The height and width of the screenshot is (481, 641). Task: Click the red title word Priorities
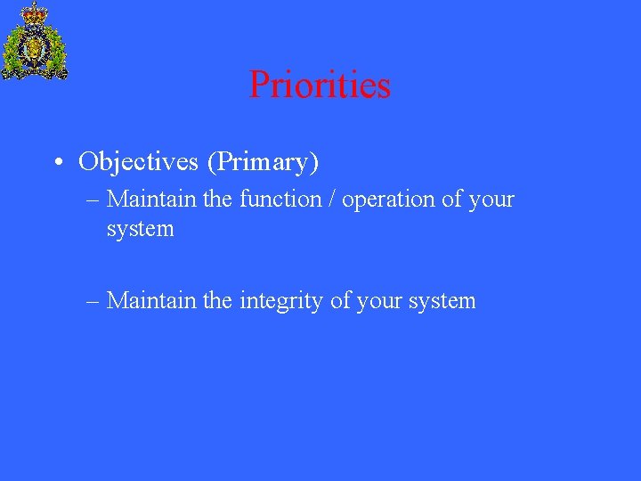(320, 86)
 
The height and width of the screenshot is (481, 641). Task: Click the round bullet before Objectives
(57, 163)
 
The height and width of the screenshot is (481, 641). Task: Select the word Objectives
(138, 162)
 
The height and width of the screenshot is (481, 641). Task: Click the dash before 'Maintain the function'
(93, 200)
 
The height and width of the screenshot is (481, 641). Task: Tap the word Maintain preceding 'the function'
(151, 199)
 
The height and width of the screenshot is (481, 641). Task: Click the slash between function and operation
(331, 199)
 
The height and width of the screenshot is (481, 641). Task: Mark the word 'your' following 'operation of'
(491, 200)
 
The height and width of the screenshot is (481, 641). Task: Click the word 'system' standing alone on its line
(140, 230)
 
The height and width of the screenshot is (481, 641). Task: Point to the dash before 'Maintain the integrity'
(93, 302)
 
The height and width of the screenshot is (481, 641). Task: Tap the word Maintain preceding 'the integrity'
(151, 301)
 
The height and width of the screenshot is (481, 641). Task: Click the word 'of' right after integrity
(340, 301)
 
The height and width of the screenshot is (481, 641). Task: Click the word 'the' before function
(218, 199)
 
